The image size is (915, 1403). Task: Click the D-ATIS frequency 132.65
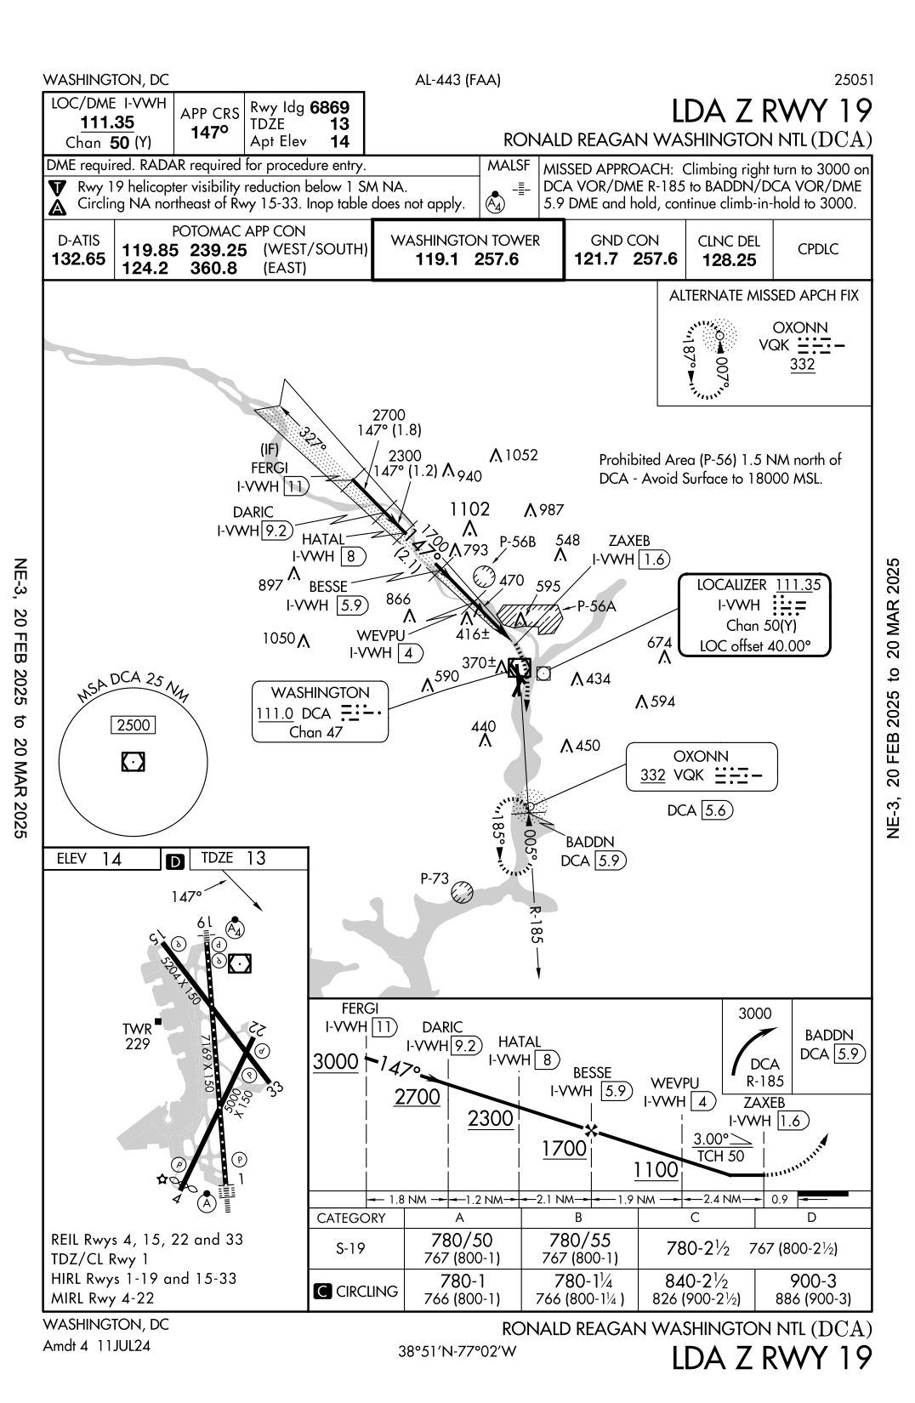coord(78,259)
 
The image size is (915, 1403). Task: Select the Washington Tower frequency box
coord(467,250)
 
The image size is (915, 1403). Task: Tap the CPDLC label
coord(817,249)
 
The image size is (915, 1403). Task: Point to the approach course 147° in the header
coord(208,133)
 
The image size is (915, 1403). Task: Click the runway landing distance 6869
coord(329,108)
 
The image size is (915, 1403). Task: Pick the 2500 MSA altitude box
coord(134,725)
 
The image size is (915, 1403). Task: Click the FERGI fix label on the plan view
coord(269,468)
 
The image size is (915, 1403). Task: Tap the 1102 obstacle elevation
coord(469,509)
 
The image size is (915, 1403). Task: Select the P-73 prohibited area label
coord(435,878)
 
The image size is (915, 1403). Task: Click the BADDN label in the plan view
coord(590,842)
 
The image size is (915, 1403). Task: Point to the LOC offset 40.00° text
coord(754,645)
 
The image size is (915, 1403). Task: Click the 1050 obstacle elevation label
coord(279,638)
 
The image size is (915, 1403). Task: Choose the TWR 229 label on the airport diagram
coord(138,1037)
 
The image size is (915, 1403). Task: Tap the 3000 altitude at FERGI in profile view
coord(335,1061)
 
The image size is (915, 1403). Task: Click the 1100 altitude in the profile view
coord(655,1170)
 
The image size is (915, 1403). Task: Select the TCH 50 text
coord(719,1156)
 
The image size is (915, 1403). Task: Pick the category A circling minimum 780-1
coord(462,1281)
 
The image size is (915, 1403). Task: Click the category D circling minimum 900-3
coord(812,1281)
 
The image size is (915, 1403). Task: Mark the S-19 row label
coord(351,1248)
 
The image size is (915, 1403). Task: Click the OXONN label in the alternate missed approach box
coord(799,327)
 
